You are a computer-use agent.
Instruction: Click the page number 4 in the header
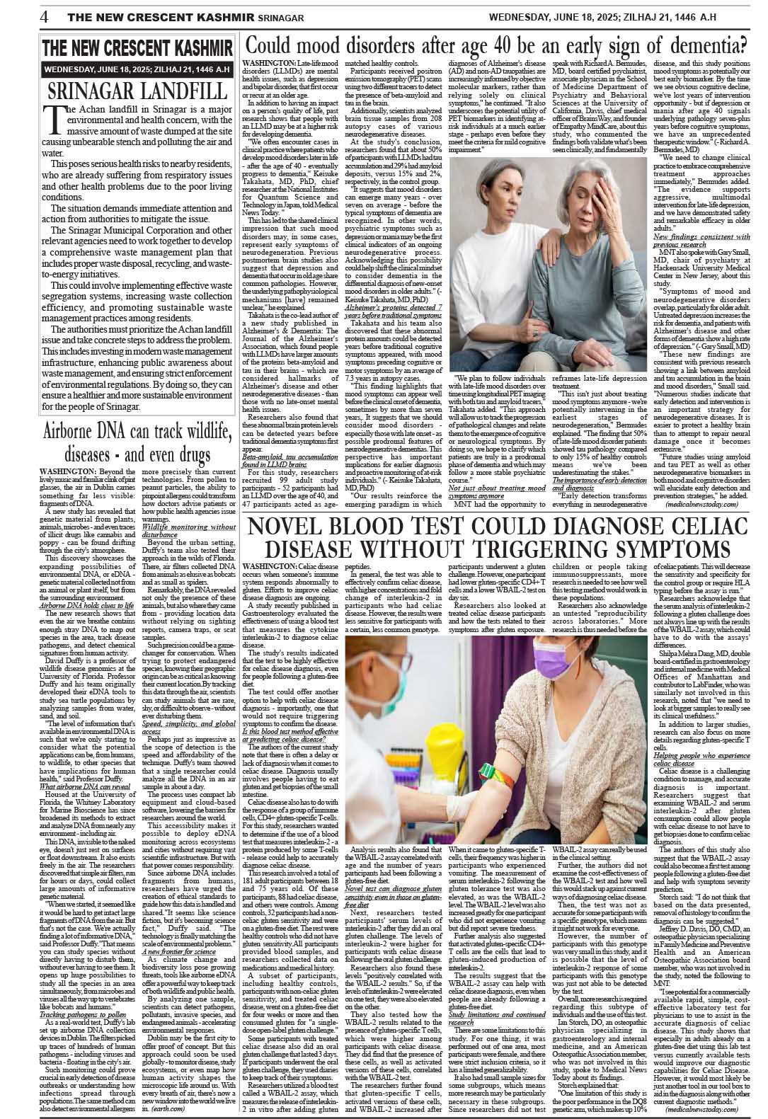click(44, 16)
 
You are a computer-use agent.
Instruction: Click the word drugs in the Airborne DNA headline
click(190, 453)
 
